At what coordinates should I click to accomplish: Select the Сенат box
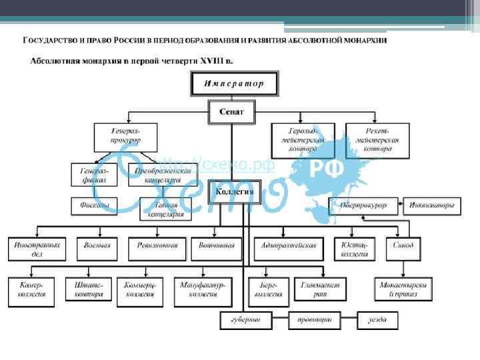(x=231, y=111)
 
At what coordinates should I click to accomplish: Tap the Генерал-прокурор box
(x=125, y=137)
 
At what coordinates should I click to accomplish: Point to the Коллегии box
(x=231, y=191)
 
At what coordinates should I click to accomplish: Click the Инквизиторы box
(x=432, y=205)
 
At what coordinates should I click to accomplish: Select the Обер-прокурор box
(x=363, y=205)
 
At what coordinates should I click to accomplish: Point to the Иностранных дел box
(x=37, y=249)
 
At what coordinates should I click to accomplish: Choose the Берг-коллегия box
(x=265, y=288)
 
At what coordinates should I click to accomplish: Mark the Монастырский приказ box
(x=403, y=288)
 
